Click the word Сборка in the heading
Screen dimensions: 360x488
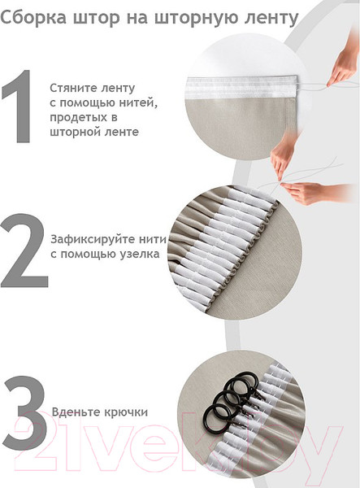point(33,17)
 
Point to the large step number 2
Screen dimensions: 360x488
point(24,251)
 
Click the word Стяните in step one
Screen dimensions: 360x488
point(71,88)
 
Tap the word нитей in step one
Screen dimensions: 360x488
point(139,103)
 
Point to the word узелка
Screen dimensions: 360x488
point(140,255)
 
